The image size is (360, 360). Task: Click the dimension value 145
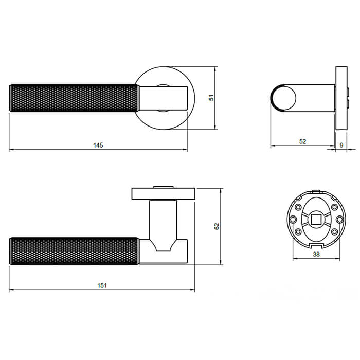click(x=98, y=145)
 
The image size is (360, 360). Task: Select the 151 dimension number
click(x=102, y=285)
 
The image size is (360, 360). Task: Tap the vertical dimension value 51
click(x=210, y=97)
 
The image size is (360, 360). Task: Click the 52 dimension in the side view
click(x=302, y=141)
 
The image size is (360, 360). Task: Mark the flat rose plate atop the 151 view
click(x=164, y=193)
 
